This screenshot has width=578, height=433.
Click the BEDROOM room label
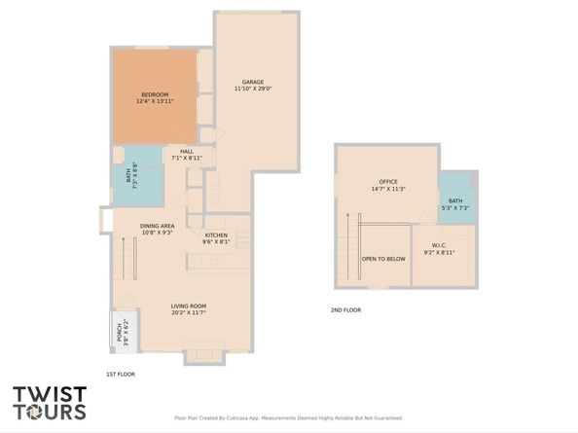pos(155,94)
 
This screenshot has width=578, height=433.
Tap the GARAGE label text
pos(252,82)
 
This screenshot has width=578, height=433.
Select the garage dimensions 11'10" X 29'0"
pos(252,89)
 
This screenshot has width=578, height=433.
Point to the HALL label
pos(186,151)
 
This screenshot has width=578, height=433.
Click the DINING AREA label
pos(157,226)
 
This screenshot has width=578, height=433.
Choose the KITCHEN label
pos(215,235)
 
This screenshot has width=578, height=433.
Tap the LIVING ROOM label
pos(190,306)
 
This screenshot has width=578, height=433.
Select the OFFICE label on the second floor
pos(388,182)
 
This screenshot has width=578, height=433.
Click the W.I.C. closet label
pos(439,245)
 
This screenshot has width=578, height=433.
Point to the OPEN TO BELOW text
pos(383,259)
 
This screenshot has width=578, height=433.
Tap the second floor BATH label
pos(455,200)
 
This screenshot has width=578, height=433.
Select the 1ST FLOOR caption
pos(120,374)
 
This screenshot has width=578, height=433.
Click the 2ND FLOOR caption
pos(345,309)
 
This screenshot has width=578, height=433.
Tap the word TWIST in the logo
pos(50,395)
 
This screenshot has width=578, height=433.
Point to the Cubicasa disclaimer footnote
pos(288,415)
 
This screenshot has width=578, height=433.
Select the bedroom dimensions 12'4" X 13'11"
pos(155,101)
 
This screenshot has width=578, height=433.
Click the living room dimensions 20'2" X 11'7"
pos(190,312)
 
